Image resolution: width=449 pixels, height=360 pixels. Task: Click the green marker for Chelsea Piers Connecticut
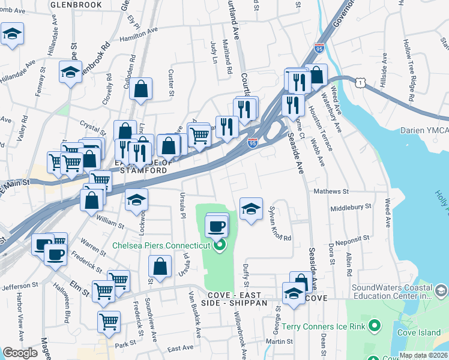click(x=219, y=245)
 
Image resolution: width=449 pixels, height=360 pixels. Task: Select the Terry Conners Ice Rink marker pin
click(x=375, y=326)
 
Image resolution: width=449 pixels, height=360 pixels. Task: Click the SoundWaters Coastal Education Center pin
click(x=440, y=292)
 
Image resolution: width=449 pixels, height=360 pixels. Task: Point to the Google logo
click(x=20, y=353)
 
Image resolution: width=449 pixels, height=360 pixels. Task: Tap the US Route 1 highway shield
click(x=359, y=84)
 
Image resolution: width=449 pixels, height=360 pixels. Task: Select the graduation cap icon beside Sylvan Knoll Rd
click(x=251, y=209)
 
